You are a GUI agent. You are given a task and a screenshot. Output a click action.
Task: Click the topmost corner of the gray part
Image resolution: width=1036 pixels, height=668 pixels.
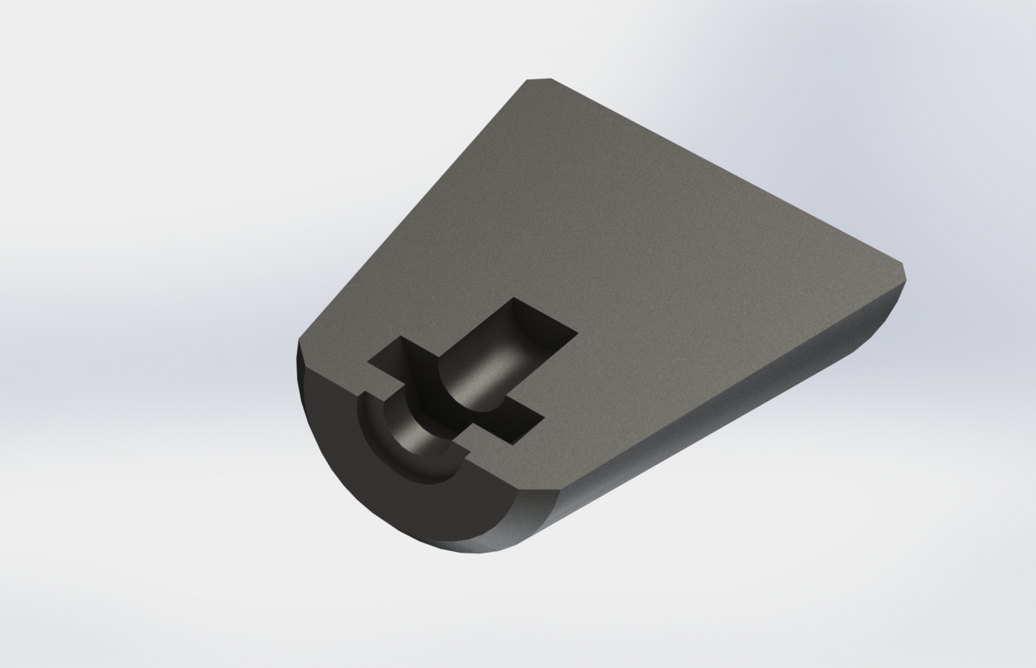click(x=539, y=79)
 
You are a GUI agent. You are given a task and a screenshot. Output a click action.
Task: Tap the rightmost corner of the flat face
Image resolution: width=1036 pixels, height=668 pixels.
click(x=903, y=264)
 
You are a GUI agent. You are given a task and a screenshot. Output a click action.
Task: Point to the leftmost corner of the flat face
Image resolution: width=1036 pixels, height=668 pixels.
click(x=298, y=340)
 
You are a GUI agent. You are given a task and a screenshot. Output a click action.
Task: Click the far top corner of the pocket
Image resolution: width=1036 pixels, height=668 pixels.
click(x=514, y=299)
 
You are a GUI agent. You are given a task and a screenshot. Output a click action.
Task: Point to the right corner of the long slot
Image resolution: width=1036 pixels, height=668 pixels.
click(x=576, y=333)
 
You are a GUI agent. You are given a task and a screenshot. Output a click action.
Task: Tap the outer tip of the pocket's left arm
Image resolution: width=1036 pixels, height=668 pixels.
click(x=370, y=363)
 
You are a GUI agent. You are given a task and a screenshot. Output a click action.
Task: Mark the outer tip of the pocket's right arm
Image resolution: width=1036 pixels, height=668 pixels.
click(x=542, y=418)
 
